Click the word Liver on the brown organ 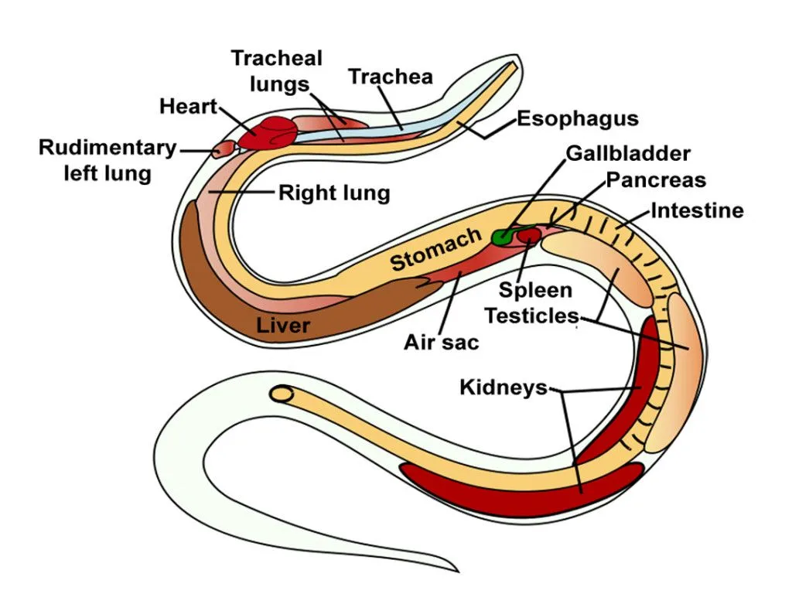tap(283, 325)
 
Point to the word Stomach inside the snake tap(435, 250)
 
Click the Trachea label tap(390, 77)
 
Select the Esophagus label tap(577, 118)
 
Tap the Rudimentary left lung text tap(108, 160)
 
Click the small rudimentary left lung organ tap(223, 148)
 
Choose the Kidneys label tap(503, 387)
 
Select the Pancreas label tap(655, 180)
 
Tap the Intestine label tap(696, 210)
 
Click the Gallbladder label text tap(627, 152)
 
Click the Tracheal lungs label tap(277, 70)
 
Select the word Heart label tap(188, 106)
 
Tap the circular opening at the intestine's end tap(283, 394)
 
